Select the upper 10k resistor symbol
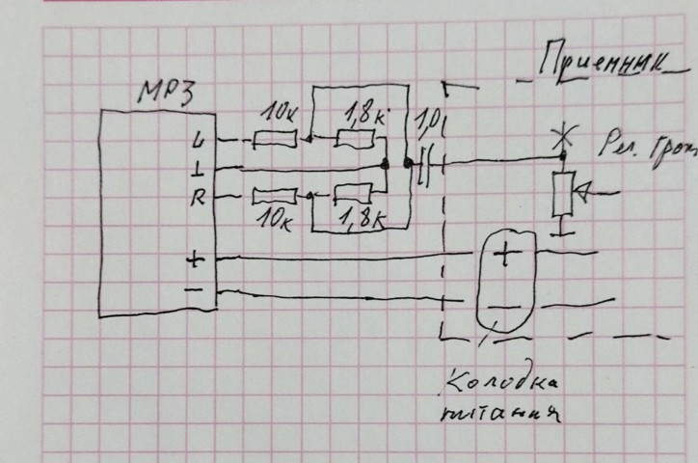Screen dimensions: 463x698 (x=275, y=141)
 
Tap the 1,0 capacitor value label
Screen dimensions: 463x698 (x=427, y=123)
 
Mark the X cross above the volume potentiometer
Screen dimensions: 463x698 (x=559, y=139)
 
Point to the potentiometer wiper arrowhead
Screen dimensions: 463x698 (x=583, y=196)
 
